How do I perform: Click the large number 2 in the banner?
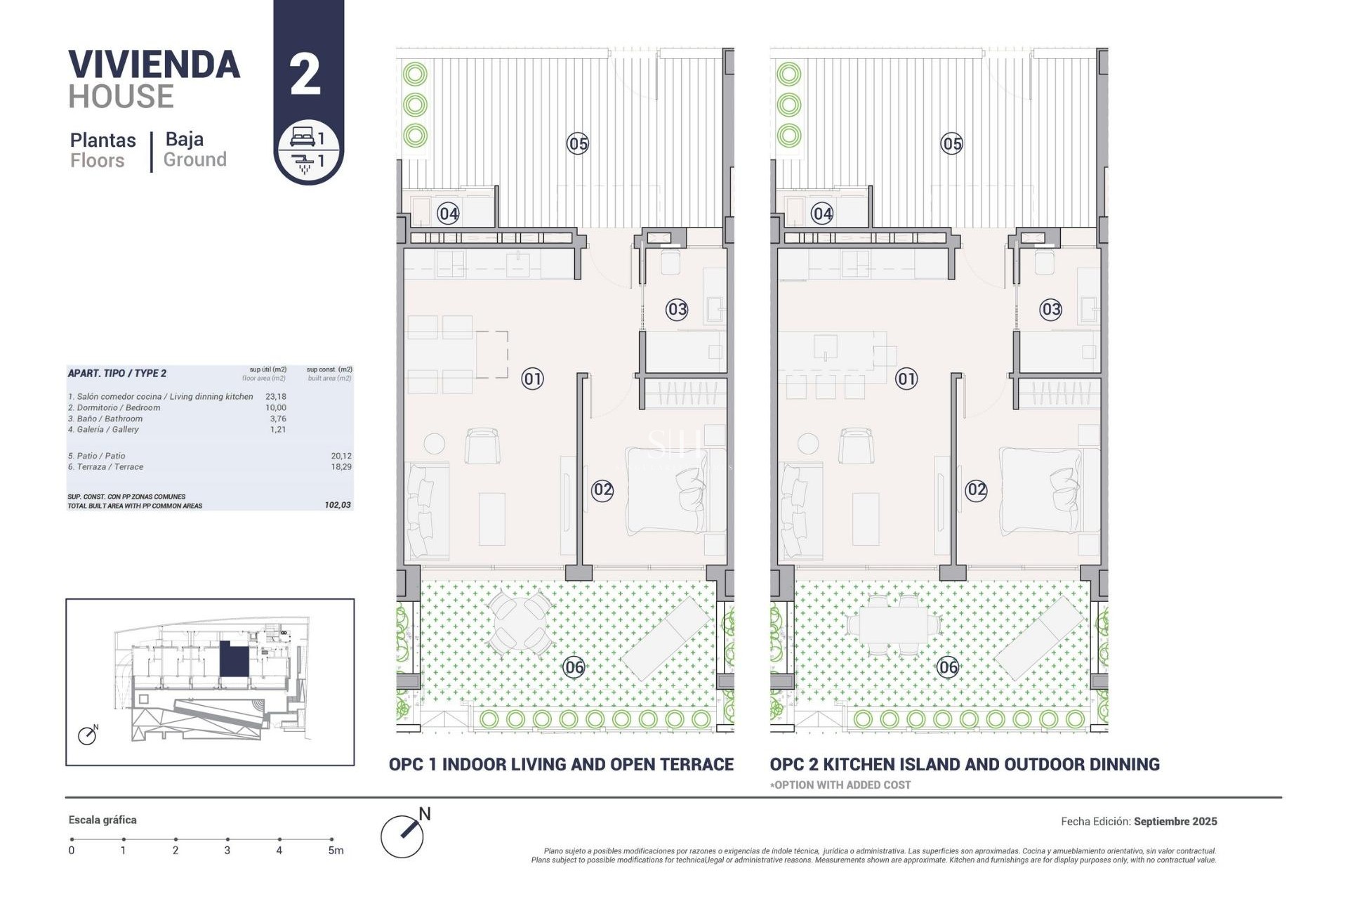coord(305,74)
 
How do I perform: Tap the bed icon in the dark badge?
coord(302,136)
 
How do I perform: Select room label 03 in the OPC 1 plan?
coord(677,309)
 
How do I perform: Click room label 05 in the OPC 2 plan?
coord(951,144)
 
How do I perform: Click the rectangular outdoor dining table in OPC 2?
coord(893,624)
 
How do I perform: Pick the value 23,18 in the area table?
coord(276,397)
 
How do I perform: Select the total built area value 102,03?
coord(338,505)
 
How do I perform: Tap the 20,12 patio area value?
coord(341,456)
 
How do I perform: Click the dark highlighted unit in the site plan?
coord(234,660)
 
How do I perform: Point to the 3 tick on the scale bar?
coord(227,839)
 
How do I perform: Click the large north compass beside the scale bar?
coord(403,835)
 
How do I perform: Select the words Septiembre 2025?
coord(1175,821)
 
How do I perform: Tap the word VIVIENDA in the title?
coord(154,65)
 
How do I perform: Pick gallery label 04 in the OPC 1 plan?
coord(448,214)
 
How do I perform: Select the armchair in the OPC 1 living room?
coord(482,445)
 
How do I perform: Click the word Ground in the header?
coord(194,160)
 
